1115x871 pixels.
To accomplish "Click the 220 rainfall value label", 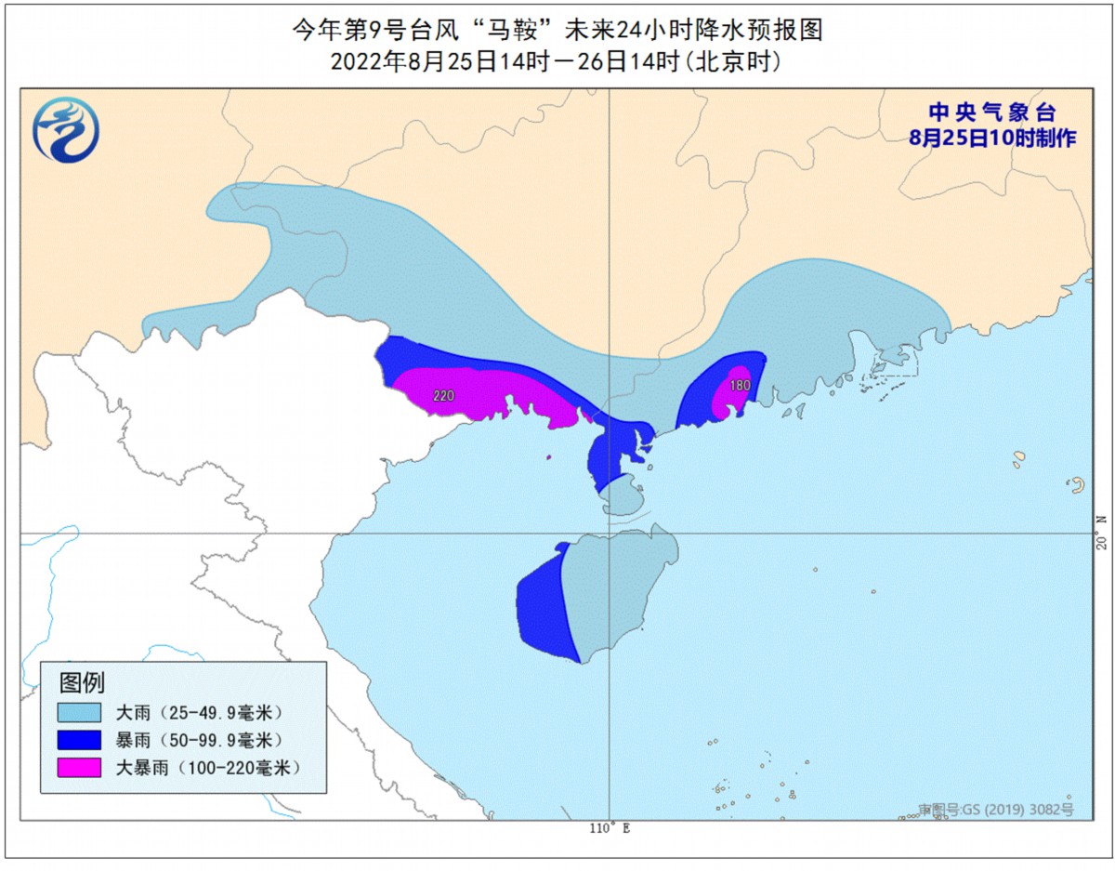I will click(x=444, y=396).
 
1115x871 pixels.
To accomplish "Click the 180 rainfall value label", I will click(x=740, y=385).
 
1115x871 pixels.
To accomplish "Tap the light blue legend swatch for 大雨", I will click(x=79, y=713).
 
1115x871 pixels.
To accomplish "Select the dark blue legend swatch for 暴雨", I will click(x=79, y=740).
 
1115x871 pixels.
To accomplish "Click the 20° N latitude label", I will click(x=1102, y=533).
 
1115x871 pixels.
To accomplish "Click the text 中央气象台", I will click(x=993, y=113).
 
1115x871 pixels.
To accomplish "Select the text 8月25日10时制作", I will click(x=993, y=138).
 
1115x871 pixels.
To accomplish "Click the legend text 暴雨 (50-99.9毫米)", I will click(x=197, y=740).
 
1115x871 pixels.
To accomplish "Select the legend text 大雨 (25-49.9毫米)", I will click(x=197, y=713).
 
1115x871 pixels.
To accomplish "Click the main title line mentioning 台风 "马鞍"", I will click(x=557, y=31).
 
